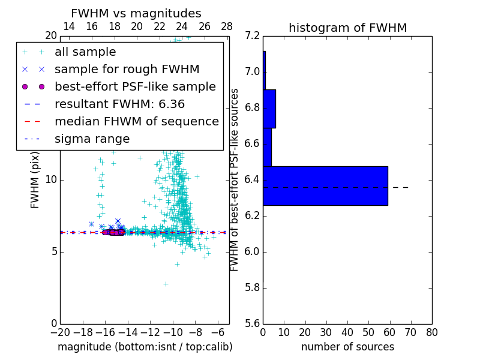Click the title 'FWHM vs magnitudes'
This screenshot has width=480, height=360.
(136, 14)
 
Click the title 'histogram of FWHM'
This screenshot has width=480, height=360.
(347, 28)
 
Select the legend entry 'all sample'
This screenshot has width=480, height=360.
(85, 52)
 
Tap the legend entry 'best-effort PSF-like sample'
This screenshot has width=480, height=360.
(135, 87)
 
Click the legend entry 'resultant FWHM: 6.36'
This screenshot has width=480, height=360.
(119, 104)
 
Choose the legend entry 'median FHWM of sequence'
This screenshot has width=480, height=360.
(136, 122)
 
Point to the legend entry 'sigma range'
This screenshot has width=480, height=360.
(92, 139)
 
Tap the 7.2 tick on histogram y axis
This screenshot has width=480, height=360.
(252, 36)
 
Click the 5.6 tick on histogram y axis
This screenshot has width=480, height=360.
(252, 323)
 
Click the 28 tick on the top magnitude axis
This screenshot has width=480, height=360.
(227, 26)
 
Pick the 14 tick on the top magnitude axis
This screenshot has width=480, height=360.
(69, 26)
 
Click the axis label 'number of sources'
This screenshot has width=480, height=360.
(347, 347)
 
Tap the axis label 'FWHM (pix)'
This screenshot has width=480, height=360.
(35, 179)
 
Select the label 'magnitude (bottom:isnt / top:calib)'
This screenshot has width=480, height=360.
(145, 347)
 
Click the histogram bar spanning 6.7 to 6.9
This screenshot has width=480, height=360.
(269, 109)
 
